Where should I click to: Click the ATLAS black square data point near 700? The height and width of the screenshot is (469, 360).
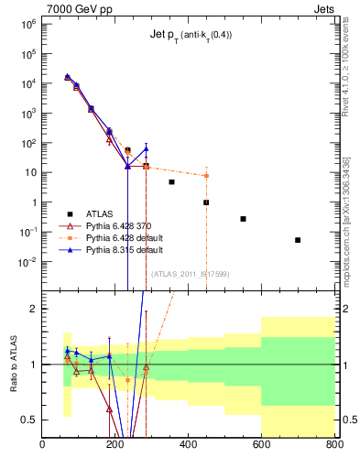(x=298, y=240)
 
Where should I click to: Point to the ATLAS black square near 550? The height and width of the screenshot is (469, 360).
(x=243, y=219)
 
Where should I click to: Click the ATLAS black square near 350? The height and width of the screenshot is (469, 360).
(x=171, y=182)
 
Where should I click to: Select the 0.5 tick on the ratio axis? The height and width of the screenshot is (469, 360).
(x=29, y=420)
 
